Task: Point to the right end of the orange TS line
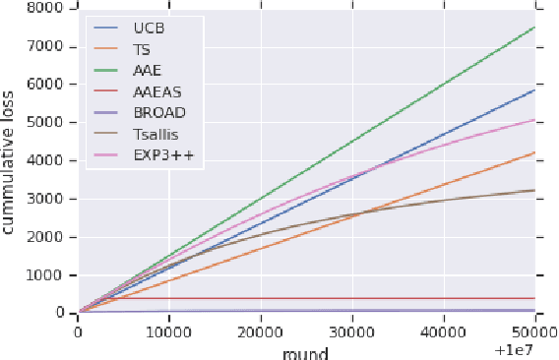[534, 152]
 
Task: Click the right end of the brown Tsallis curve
[534, 190]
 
